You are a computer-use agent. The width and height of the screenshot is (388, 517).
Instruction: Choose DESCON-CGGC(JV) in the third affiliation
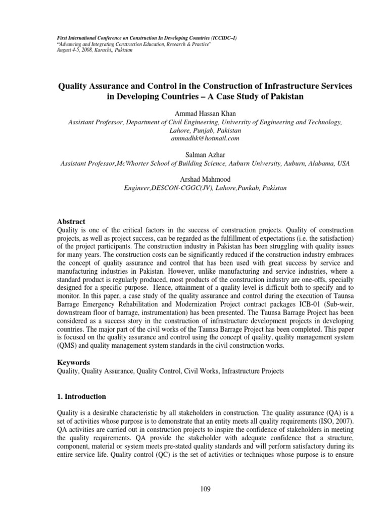tap(176, 188)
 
